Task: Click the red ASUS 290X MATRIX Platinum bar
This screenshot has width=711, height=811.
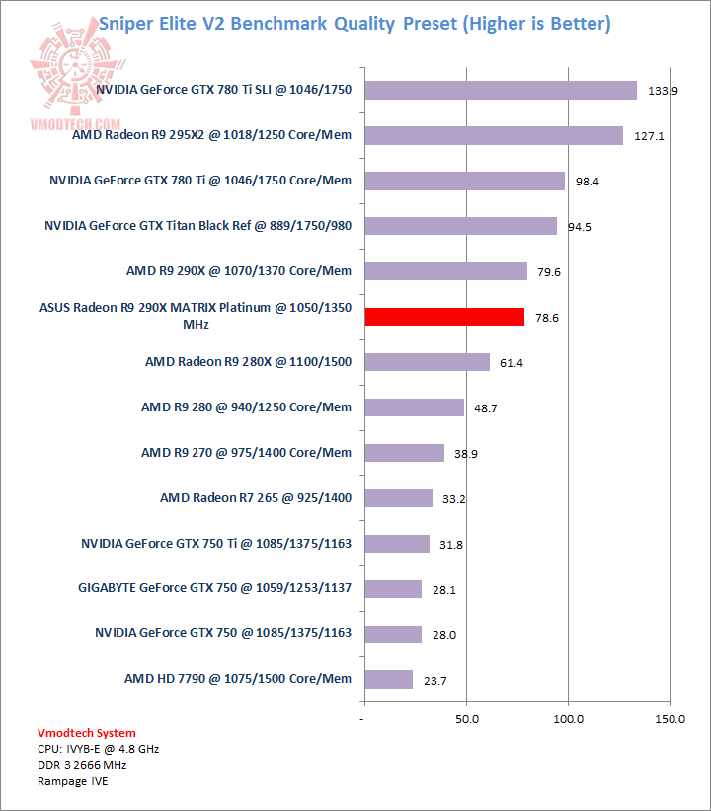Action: click(444, 317)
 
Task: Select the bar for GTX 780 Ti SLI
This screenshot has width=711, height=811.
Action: click(501, 90)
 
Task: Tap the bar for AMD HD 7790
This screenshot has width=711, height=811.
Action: click(389, 679)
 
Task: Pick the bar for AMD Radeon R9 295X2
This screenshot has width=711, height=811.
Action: click(494, 135)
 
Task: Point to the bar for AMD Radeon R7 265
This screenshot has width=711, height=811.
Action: click(399, 498)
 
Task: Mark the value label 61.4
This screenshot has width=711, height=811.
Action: click(512, 363)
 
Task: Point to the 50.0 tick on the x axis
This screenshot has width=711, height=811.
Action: click(467, 719)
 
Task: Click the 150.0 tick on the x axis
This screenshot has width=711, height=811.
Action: click(670, 719)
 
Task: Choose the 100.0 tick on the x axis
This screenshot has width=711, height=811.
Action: click(569, 719)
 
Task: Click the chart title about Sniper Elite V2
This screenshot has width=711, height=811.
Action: click(355, 23)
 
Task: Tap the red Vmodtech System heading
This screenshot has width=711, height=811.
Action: click(87, 733)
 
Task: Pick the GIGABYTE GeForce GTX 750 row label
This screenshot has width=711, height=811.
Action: click(214, 588)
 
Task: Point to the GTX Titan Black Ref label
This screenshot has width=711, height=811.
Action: click(197, 226)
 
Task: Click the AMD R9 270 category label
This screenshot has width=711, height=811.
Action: click(246, 453)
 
